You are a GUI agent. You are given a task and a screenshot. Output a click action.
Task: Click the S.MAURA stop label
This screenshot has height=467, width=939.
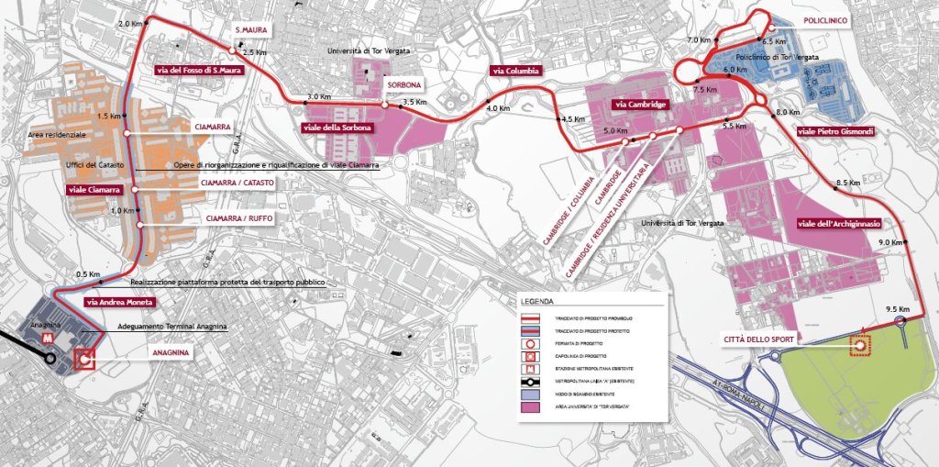click(250, 29)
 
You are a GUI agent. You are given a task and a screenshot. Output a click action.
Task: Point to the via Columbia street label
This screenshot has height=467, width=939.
click(516, 71)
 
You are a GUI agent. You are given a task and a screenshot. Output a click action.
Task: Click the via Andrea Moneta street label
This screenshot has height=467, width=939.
click(118, 302)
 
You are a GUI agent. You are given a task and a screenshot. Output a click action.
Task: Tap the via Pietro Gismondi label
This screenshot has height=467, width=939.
click(836, 132)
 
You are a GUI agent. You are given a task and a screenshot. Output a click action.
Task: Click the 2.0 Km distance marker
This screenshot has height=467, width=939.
click(130, 24)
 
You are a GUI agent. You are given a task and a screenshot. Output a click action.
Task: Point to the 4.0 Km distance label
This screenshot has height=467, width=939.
click(497, 109)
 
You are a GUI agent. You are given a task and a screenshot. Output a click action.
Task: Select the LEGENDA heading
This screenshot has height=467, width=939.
click(538, 301)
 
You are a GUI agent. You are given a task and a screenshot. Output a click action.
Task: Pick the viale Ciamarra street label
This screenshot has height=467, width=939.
click(94, 189)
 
